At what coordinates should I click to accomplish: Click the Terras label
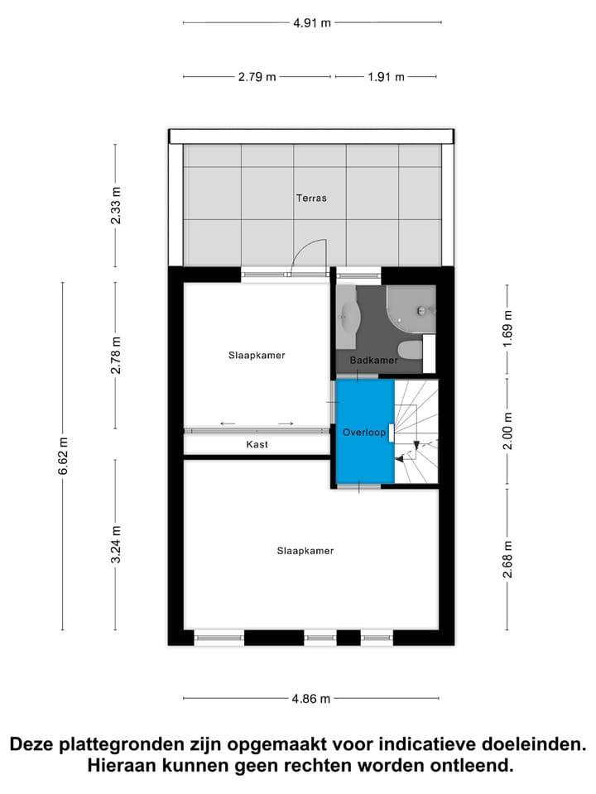311,198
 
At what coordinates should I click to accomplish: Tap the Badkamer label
373,361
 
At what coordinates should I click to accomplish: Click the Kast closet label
257,444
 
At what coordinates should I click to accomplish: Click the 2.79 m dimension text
257,77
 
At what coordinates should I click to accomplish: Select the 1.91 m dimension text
386,77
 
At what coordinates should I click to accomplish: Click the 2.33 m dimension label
117,206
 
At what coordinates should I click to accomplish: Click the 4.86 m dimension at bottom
311,699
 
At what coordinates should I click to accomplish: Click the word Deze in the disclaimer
34,744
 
